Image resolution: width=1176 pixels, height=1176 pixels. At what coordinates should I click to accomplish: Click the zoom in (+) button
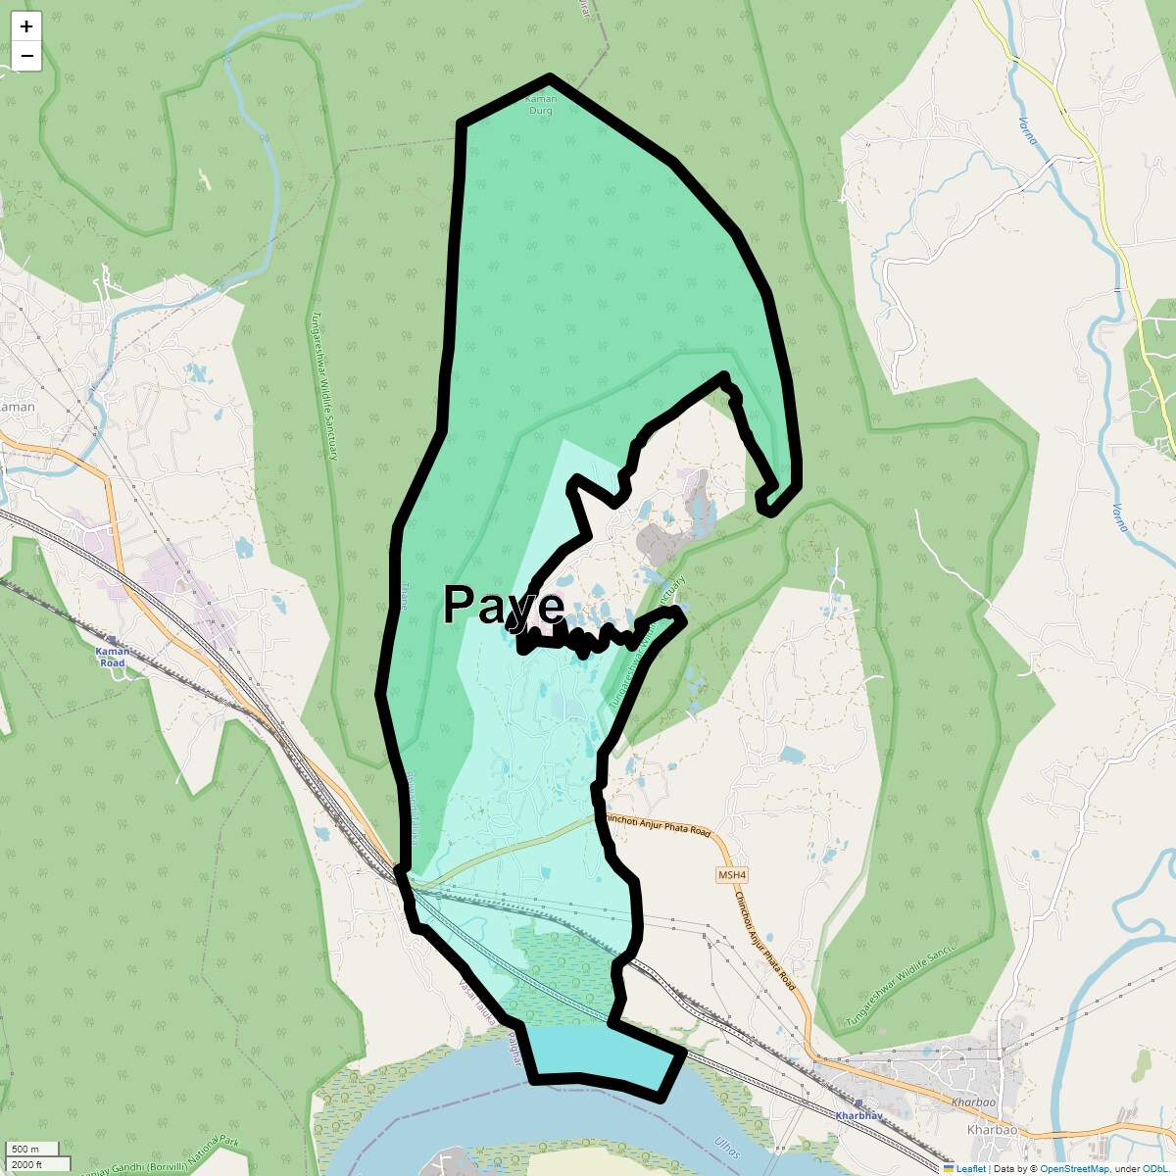[26, 26]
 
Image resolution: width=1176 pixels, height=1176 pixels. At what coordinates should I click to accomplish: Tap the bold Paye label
[504, 606]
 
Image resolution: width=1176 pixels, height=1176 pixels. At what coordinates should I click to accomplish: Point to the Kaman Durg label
[541, 105]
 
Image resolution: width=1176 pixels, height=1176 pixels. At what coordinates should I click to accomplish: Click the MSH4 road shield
[731, 875]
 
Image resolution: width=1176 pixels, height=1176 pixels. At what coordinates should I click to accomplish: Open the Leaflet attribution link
[970, 1168]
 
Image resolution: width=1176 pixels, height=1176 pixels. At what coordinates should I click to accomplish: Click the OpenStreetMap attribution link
[1074, 1168]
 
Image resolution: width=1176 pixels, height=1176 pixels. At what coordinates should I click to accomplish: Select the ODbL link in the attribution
[1153, 1168]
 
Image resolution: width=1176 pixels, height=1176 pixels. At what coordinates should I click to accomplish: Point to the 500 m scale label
[25, 1150]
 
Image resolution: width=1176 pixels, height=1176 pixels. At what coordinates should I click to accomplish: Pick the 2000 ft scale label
[26, 1163]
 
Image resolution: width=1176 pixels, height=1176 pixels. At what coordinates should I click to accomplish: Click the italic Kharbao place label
[992, 1130]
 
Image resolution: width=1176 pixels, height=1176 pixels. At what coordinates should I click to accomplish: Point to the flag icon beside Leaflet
[949, 1168]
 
